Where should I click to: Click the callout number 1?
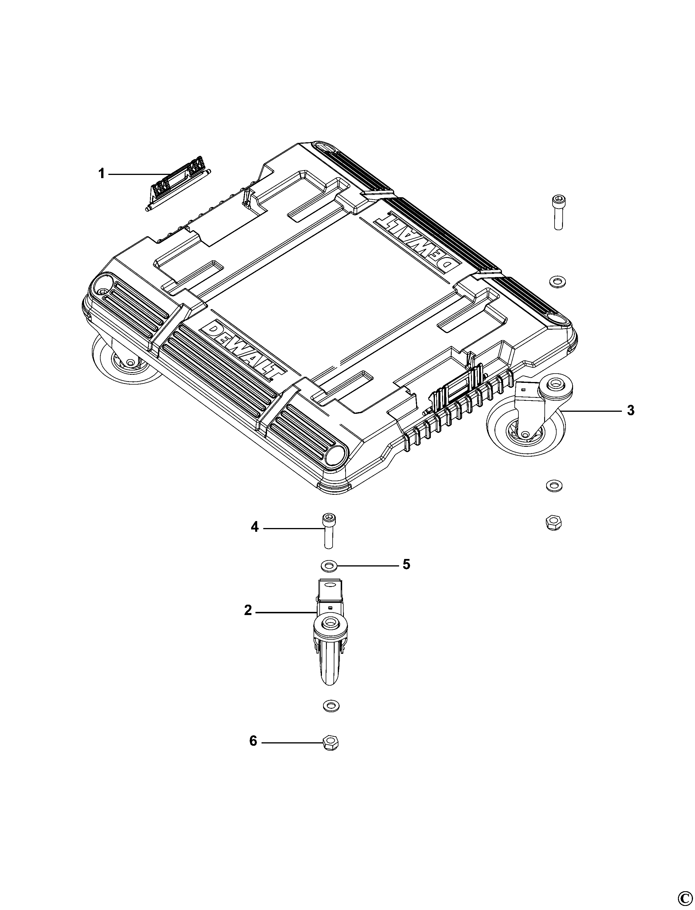(101, 174)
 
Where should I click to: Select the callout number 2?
(248, 610)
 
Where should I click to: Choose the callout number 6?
(253, 741)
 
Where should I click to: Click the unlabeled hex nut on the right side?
(553, 523)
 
